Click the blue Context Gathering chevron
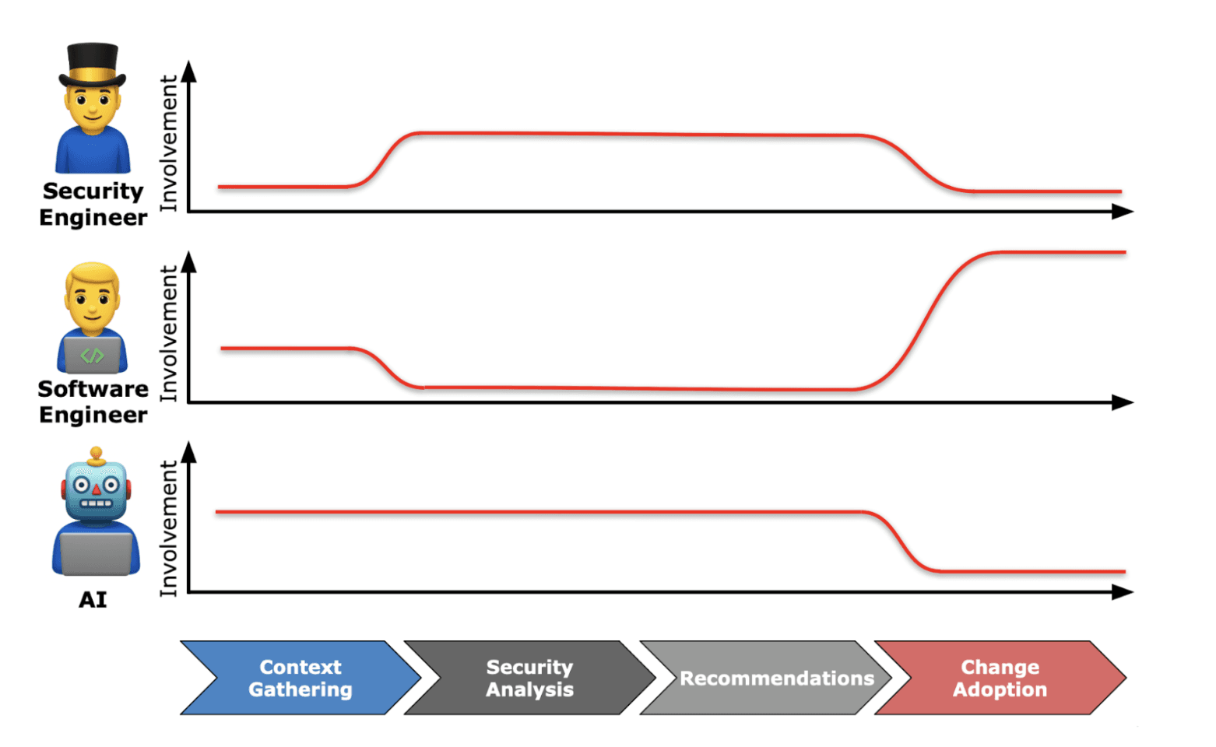tap(300, 678)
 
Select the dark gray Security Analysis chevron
tap(529, 678)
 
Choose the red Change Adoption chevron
tap(1000, 678)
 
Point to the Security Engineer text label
tap(93, 204)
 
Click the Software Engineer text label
tap(93, 402)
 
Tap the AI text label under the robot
tap(93, 599)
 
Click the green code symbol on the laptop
tap(92, 356)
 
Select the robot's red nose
tap(96, 489)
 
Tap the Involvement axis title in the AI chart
tap(169, 529)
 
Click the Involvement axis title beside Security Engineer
tap(169, 143)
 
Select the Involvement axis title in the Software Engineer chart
tap(169, 334)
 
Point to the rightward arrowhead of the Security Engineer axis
tap(1122, 212)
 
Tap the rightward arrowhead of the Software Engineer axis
tap(1122, 402)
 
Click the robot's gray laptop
tap(96, 553)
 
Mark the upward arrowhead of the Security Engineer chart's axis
tap(188, 72)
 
